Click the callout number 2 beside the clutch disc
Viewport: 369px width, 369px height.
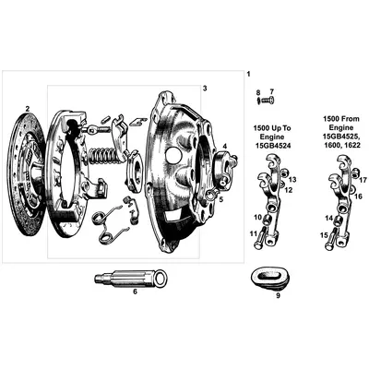pyautogui.click(x=28, y=108)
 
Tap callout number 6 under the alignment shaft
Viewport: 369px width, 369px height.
pyautogui.click(x=135, y=292)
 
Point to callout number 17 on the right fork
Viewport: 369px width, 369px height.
pyautogui.click(x=363, y=179)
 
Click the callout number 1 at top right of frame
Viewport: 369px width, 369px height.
pyautogui.click(x=247, y=73)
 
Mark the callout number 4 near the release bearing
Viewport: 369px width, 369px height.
pyautogui.click(x=225, y=145)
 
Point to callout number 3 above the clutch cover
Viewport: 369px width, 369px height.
pyautogui.click(x=205, y=88)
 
